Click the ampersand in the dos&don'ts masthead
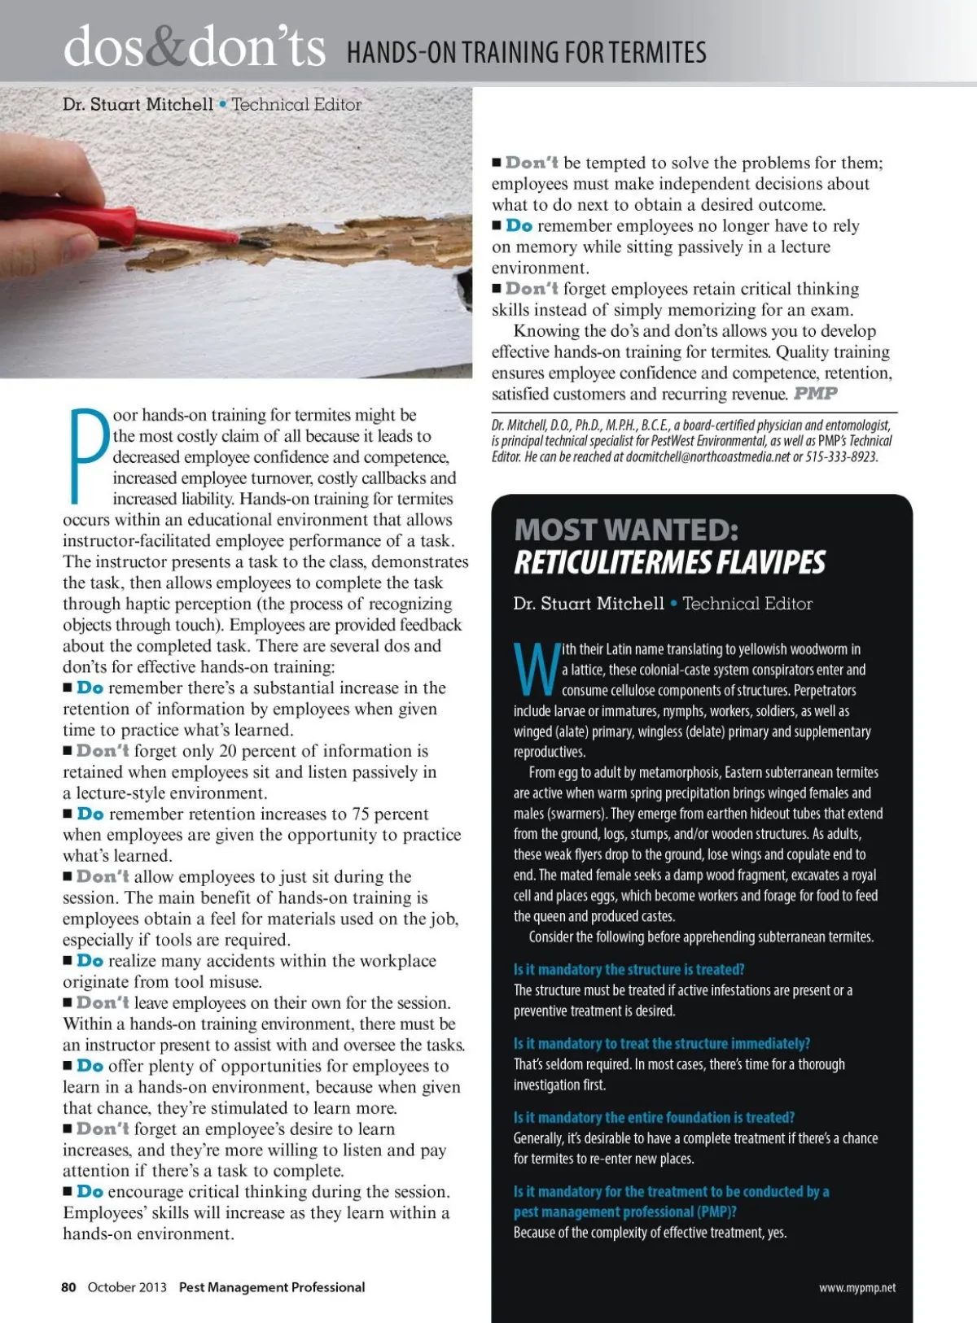click(x=168, y=47)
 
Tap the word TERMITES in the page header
click(x=658, y=53)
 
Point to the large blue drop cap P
click(x=87, y=456)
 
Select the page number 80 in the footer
click(x=68, y=1287)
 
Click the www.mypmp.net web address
click(x=857, y=1288)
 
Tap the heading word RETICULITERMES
click(x=607, y=562)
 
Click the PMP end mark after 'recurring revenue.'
click(x=816, y=394)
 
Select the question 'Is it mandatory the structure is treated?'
click(x=629, y=970)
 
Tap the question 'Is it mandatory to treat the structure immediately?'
click(x=661, y=1044)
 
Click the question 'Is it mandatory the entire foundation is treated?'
click(x=654, y=1118)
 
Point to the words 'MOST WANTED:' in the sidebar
click(x=626, y=531)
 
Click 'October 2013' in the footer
click(x=127, y=1287)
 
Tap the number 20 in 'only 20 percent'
click(x=228, y=751)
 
